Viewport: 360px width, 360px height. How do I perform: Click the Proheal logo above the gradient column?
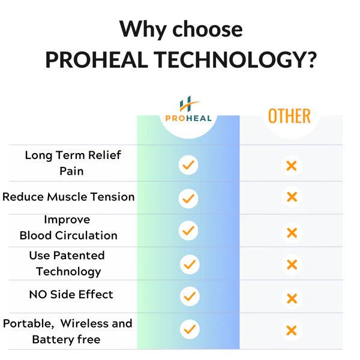point(188,109)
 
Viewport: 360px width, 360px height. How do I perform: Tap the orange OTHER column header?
point(289,116)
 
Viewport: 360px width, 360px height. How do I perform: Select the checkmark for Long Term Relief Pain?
point(188,165)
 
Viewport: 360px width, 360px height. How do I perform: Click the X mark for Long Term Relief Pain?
point(292,166)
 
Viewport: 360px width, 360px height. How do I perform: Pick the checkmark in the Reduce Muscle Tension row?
point(188,199)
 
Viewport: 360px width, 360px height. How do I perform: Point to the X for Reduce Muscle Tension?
point(292,197)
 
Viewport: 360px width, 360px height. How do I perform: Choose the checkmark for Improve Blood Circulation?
point(188,230)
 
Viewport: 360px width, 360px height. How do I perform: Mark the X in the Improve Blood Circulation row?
point(292,233)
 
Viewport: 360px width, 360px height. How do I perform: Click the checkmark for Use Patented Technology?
point(190,264)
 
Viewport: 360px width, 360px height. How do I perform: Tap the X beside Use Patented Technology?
point(292,265)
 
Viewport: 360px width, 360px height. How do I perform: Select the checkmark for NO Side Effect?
point(190,296)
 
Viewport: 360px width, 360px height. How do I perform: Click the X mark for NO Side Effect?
point(292,298)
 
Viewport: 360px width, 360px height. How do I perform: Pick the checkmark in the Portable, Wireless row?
point(190,329)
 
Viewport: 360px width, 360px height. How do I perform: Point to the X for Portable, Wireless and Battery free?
point(292,331)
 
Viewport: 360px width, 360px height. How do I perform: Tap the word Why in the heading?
point(143,30)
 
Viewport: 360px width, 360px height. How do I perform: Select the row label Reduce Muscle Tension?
point(68,197)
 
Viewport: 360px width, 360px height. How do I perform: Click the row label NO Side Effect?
point(71,295)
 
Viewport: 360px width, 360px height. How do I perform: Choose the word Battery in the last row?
point(53,340)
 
